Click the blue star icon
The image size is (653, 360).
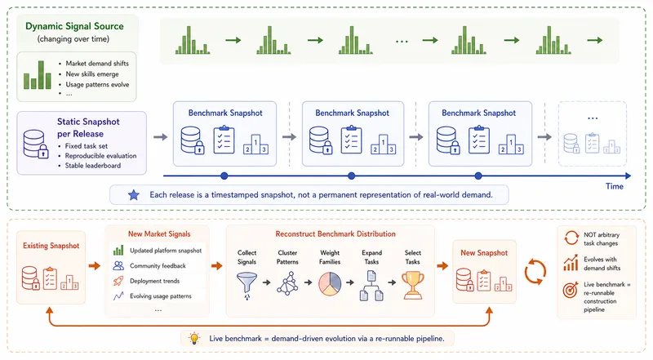coord(134,194)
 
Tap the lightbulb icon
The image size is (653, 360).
coord(194,338)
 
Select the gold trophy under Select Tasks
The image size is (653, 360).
coord(413,286)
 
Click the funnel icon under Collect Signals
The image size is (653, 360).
coord(247,286)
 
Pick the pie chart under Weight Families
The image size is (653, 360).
coord(330,284)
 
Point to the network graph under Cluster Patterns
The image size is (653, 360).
coord(287,283)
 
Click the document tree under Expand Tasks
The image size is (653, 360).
coord(371,286)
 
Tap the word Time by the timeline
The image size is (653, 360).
coord(615,186)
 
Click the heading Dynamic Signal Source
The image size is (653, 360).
coord(74,26)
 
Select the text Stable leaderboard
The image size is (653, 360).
coord(93,166)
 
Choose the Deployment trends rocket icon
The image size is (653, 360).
coord(118,281)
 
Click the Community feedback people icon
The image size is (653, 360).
coord(118,265)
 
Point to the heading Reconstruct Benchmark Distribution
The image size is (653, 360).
coord(335,233)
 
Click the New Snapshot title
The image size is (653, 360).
coord(484,253)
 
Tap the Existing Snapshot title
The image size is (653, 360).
coord(51,246)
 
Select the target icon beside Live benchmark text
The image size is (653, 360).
coord(571,290)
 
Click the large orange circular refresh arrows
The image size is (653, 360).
coord(535,272)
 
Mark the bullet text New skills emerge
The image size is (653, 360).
coord(92,74)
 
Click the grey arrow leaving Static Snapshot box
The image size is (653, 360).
coord(160,136)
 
